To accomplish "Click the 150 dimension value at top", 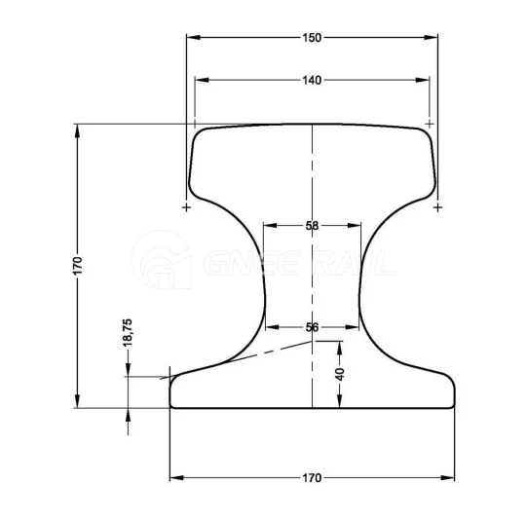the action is click(x=312, y=38).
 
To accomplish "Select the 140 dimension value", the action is click(x=312, y=80).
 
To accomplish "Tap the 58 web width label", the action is click(x=312, y=226).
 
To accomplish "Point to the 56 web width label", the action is click(x=312, y=327).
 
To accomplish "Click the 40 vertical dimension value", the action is click(x=340, y=374).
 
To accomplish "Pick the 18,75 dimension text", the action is click(x=128, y=333).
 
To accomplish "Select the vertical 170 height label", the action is click(x=78, y=266).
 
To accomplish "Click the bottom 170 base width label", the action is click(x=312, y=478).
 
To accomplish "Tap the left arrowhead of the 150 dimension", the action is click(x=193, y=37).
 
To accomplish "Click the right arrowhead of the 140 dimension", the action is click(x=423, y=80).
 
